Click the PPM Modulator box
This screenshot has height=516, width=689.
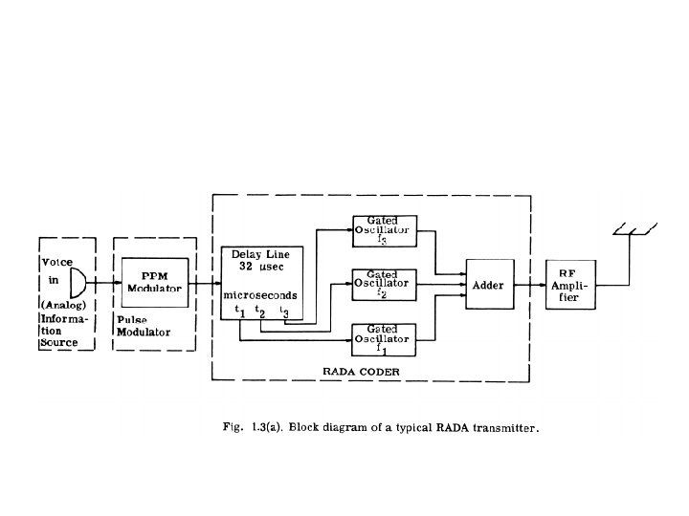pyautogui.click(x=154, y=283)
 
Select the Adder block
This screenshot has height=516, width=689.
pyautogui.click(x=488, y=285)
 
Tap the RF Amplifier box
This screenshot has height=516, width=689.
pyautogui.click(x=568, y=285)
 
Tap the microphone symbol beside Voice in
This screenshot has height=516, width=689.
pyautogui.click(x=78, y=282)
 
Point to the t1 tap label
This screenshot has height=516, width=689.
pyautogui.click(x=240, y=312)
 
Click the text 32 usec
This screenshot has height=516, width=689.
pyautogui.click(x=261, y=269)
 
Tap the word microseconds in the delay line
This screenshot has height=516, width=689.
pyautogui.click(x=261, y=295)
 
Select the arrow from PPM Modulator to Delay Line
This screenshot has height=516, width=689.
pyautogui.click(x=203, y=284)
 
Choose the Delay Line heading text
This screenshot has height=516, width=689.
pyautogui.click(x=260, y=255)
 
